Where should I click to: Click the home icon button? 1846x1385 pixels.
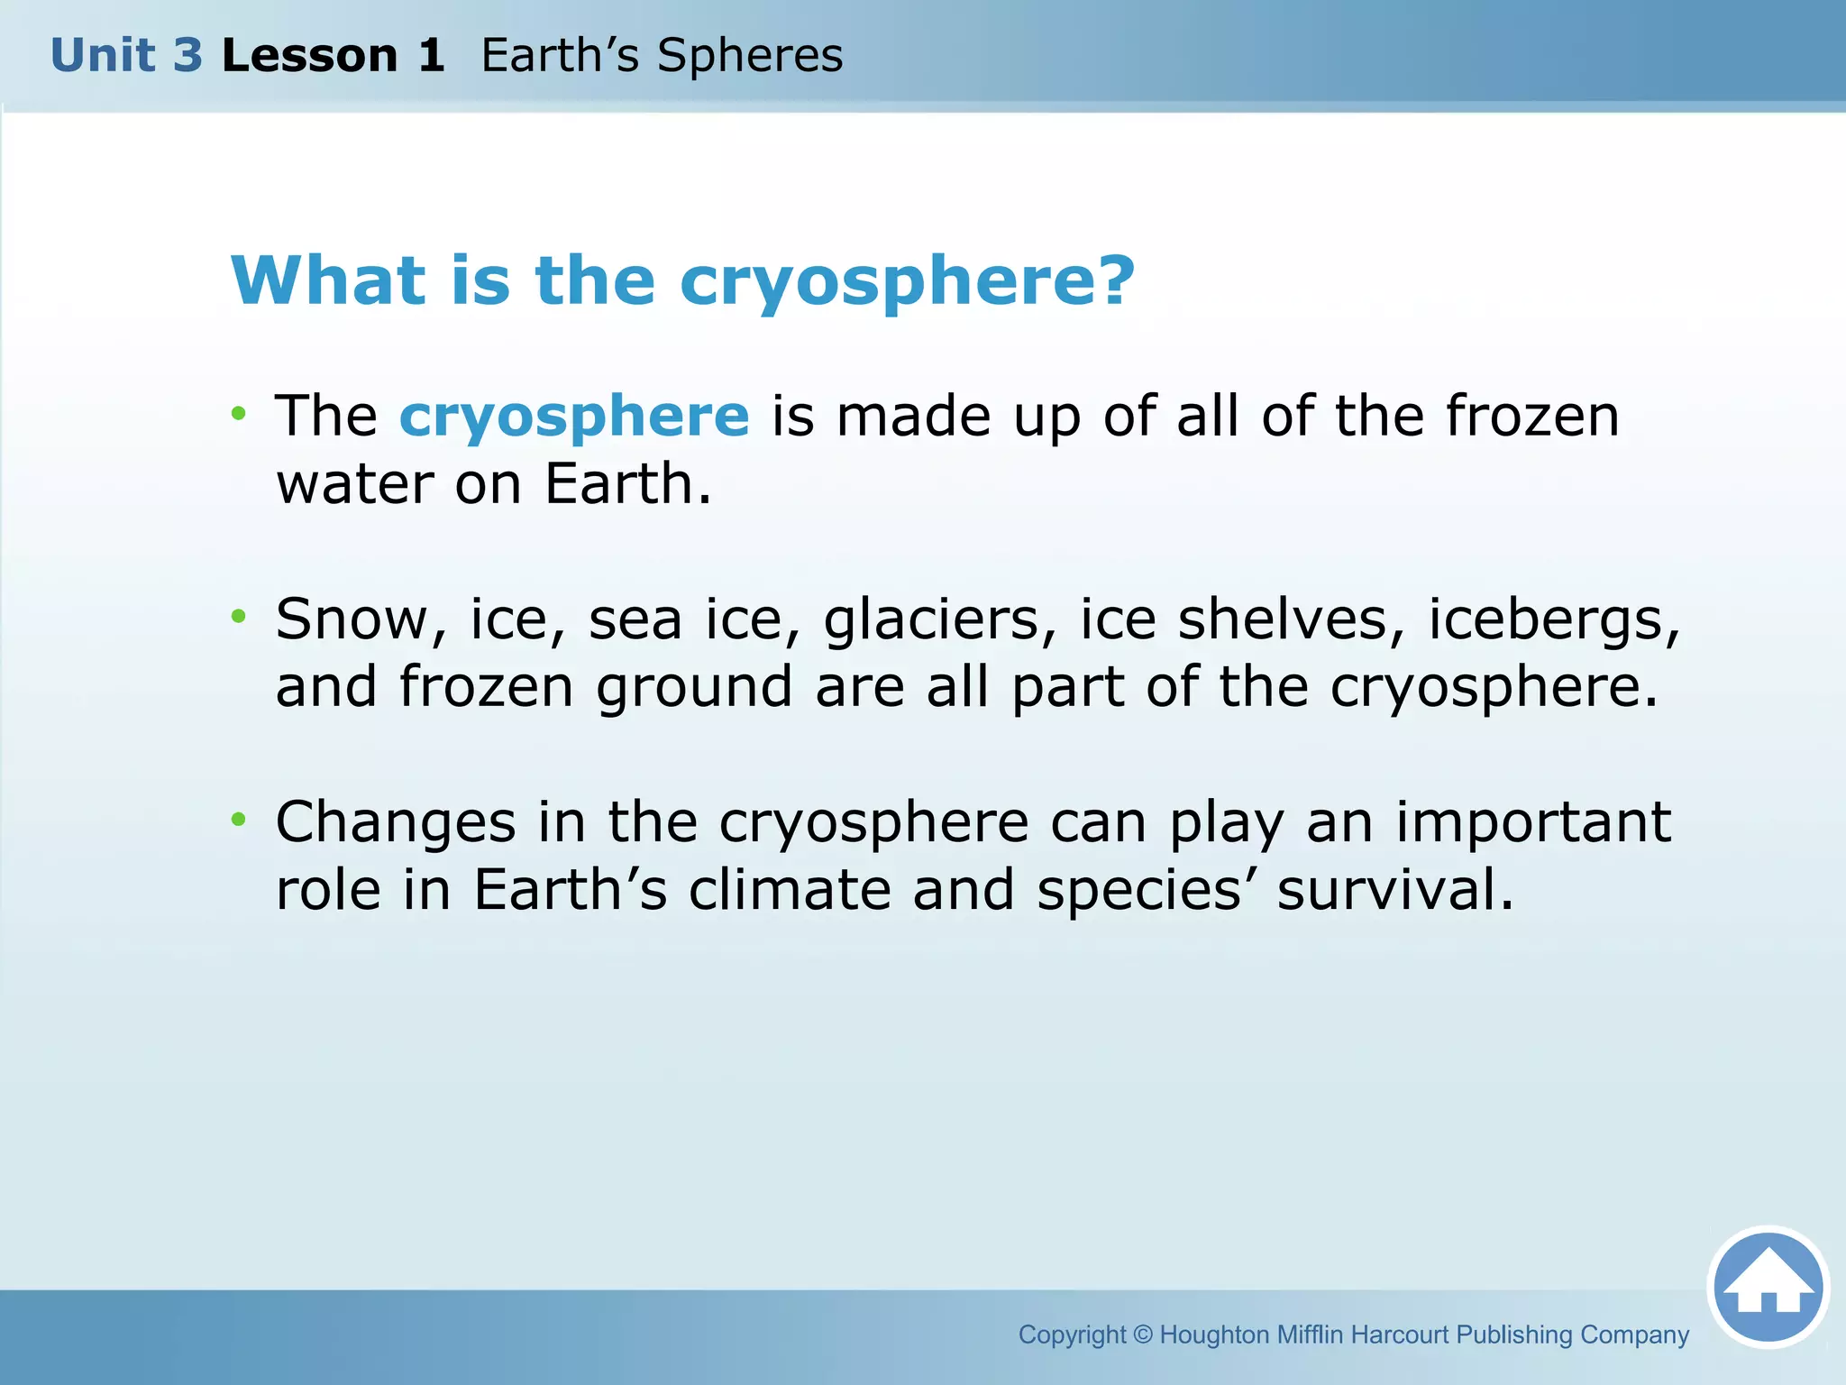pyautogui.click(x=1768, y=1287)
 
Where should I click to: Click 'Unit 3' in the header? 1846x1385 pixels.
pyautogui.click(x=126, y=56)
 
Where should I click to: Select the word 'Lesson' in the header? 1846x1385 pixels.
pyautogui.click(x=309, y=56)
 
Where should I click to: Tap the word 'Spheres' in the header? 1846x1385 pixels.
pyautogui.click(x=750, y=56)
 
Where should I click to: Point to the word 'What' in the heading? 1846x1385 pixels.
pyautogui.click(x=328, y=280)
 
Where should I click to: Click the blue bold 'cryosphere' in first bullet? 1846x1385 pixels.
pyautogui.click(x=574, y=417)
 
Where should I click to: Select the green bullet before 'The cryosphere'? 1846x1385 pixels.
pyautogui.click(x=238, y=414)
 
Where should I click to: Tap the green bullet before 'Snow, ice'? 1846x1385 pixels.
pyautogui.click(x=238, y=617)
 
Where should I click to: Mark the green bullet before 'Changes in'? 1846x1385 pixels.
pyautogui.click(x=238, y=820)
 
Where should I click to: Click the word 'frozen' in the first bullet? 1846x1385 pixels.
pyautogui.click(x=1532, y=416)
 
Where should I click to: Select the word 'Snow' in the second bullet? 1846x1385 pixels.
pyautogui.click(x=361, y=619)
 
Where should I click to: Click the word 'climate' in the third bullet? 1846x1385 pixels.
pyautogui.click(x=790, y=890)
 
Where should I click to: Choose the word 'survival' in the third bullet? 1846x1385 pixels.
pyautogui.click(x=1394, y=890)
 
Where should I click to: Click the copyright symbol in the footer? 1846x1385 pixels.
pyautogui.click(x=1142, y=1335)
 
